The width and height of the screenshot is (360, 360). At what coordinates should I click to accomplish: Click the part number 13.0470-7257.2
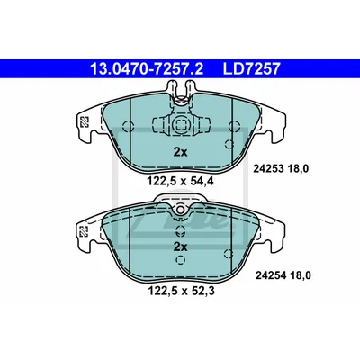147,68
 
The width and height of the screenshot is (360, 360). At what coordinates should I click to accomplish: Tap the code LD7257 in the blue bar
251,68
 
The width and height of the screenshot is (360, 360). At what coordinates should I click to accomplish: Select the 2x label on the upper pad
180,153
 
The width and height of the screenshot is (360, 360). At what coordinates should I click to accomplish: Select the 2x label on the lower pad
180,247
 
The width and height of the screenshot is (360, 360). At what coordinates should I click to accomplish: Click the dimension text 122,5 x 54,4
180,181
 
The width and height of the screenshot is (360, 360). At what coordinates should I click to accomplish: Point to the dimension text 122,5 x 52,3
181,291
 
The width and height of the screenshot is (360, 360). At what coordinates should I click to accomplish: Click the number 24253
268,169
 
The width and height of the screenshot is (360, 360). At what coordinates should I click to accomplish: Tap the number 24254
270,275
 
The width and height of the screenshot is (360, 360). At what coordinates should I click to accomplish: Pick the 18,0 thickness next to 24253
298,169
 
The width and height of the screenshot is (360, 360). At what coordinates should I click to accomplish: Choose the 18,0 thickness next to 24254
301,275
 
